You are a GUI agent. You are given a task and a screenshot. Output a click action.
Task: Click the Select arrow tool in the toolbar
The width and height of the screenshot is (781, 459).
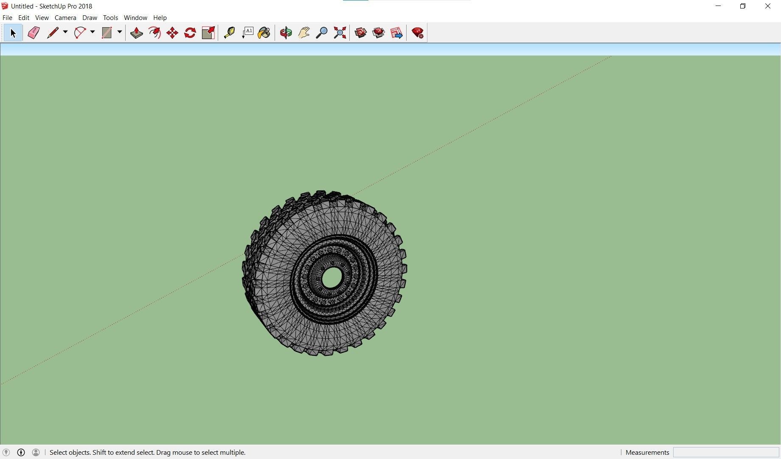tap(13, 33)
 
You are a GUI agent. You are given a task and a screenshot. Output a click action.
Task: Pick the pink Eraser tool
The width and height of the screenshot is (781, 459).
tap(34, 33)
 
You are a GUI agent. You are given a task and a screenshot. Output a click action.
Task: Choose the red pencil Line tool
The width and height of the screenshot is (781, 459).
tap(53, 33)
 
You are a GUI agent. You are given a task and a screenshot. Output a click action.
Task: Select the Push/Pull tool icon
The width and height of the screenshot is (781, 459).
tap(136, 33)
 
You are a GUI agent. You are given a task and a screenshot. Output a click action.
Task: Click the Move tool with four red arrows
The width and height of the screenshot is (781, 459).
tap(172, 33)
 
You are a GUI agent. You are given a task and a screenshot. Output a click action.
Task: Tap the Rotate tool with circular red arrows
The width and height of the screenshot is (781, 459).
tap(190, 33)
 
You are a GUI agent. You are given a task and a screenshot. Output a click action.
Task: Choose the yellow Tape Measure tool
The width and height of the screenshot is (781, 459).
tap(229, 33)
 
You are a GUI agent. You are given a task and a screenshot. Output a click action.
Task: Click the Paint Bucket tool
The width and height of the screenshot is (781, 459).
tap(264, 33)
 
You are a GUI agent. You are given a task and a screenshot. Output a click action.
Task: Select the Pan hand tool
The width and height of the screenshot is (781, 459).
tap(304, 33)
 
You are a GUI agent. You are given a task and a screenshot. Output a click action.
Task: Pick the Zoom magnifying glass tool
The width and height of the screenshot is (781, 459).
tap(322, 33)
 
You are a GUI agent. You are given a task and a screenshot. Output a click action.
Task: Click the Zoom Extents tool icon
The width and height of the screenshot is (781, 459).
tap(340, 33)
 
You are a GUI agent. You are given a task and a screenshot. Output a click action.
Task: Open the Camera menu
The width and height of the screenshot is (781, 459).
tap(65, 18)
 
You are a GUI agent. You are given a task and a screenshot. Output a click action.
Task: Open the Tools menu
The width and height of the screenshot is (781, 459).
tap(110, 18)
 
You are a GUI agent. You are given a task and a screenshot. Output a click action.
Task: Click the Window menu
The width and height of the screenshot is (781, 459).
tap(135, 18)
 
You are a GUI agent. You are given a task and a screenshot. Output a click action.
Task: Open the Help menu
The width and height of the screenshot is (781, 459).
tap(160, 18)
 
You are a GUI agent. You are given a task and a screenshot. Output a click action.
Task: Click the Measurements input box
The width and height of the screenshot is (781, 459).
tap(726, 452)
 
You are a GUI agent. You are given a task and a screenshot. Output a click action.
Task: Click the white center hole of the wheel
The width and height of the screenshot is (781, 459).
tap(332, 278)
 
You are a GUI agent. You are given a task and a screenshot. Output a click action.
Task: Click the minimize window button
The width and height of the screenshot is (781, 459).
tap(718, 6)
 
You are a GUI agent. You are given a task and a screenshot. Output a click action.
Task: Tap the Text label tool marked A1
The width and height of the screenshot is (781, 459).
tap(248, 33)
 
